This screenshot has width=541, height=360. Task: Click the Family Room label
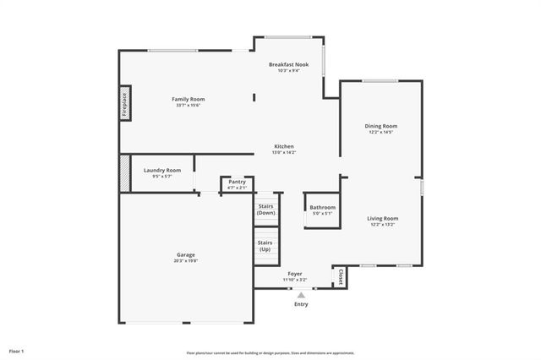(x=189, y=99)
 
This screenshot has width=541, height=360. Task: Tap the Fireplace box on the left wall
(x=124, y=102)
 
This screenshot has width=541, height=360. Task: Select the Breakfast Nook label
(x=289, y=64)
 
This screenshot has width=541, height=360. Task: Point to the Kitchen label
(x=283, y=146)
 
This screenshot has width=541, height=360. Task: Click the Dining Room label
(x=380, y=126)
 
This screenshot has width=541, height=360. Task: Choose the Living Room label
(x=382, y=218)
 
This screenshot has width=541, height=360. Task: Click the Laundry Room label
(x=161, y=170)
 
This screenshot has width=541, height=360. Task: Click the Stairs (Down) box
(x=265, y=210)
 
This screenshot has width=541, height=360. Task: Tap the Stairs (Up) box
(x=265, y=246)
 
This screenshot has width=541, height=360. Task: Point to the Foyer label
(x=295, y=274)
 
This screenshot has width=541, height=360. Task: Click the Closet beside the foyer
(x=341, y=276)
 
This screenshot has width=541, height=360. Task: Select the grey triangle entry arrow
(x=301, y=295)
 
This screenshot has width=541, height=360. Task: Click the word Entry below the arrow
(x=301, y=303)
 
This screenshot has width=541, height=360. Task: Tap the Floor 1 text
(x=17, y=351)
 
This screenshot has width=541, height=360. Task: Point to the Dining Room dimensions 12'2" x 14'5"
(x=380, y=133)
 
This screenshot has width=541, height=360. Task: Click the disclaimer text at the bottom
(x=270, y=352)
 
